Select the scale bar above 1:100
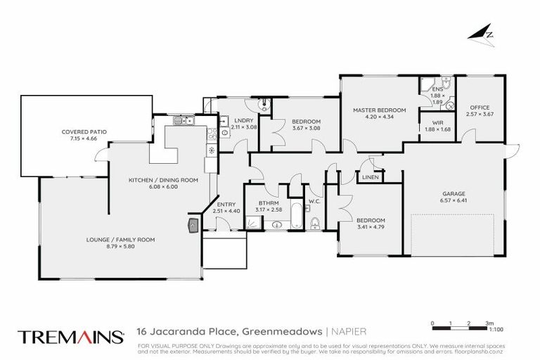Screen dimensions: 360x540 point(460,326)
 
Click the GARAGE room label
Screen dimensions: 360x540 point(456,193)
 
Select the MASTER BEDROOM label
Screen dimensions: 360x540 point(380,110)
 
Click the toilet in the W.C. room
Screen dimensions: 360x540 point(314,224)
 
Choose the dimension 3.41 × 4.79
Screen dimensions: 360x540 point(371,226)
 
